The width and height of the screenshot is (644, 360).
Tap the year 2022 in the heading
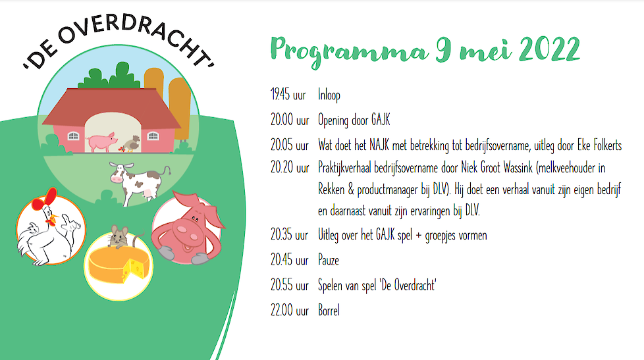coord(550,49)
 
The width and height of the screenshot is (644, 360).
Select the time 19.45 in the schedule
coord(281,94)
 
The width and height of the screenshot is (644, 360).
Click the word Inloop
coord(329,95)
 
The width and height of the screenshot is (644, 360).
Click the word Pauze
coord(329,260)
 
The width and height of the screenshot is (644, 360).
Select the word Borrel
coord(329,310)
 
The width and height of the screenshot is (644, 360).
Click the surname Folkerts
coord(607,145)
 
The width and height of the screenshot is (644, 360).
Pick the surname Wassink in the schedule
coord(518,167)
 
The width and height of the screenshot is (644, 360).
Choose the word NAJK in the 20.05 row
coord(379,145)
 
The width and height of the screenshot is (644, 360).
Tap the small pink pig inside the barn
coord(101,141)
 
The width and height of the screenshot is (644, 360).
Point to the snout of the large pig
coord(187,232)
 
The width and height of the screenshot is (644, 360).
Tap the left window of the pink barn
coord(73,136)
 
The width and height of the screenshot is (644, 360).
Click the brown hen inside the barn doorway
coord(132,143)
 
